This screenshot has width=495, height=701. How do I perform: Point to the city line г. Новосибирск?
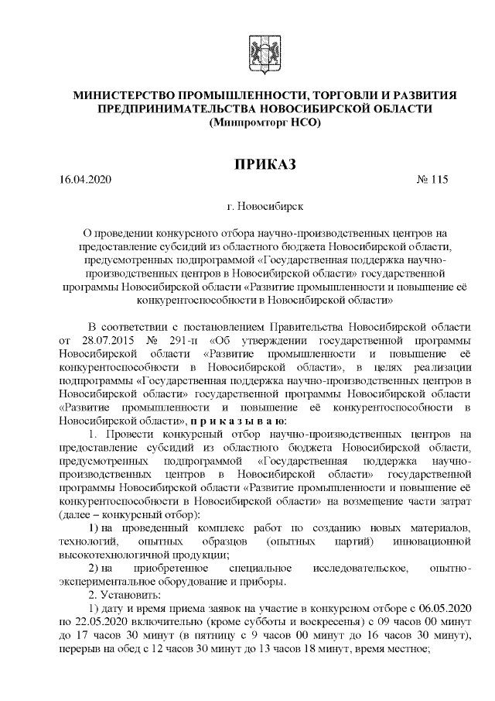pyautogui.click(x=265, y=208)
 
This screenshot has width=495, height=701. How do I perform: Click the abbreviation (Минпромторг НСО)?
pyautogui.click(x=265, y=122)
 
